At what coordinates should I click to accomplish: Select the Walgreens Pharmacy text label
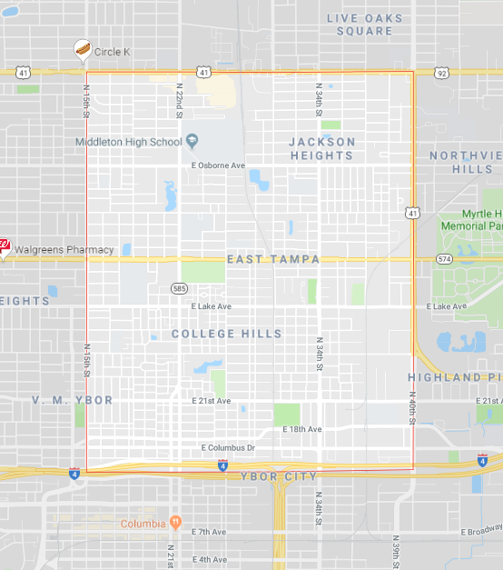pos(63,249)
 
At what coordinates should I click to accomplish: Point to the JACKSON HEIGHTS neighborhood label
pos(322,148)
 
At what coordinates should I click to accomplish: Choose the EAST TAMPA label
pos(273,259)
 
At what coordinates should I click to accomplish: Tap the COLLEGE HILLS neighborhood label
pos(227,334)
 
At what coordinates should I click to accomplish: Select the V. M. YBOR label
pos(73,400)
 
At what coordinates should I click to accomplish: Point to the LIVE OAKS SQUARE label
pos(364,25)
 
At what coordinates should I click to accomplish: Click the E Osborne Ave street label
pos(218,165)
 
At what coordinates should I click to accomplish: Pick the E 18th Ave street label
pos(301,428)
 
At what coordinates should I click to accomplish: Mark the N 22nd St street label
pos(180,100)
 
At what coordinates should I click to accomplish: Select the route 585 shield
pos(180,288)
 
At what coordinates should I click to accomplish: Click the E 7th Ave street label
pos(209,531)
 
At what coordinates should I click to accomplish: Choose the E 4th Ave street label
pos(209,559)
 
